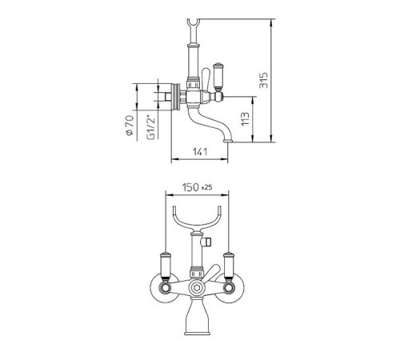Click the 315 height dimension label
264,80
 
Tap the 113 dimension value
245,119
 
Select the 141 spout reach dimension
200,152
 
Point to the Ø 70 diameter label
130,126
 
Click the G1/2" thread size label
150,127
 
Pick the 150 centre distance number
190,187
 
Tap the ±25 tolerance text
207,187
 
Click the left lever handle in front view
166,266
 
